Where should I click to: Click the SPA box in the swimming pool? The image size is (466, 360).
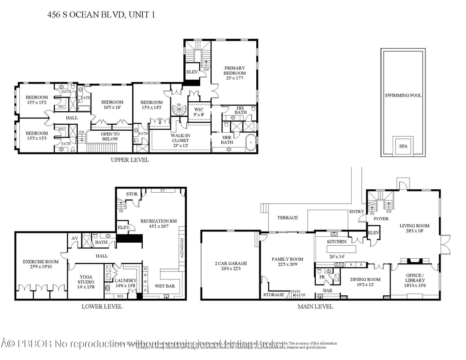(x=403, y=146)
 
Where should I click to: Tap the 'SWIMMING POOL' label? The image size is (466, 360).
(x=403, y=95)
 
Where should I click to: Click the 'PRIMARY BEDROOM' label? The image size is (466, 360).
(x=234, y=73)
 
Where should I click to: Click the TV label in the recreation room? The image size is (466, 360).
(x=162, y=191)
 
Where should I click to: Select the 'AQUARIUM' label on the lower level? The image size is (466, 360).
(x=182, y=248)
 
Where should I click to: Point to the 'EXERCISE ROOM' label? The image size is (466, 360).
(x=40, y=264)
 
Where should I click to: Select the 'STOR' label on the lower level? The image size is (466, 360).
(x=132, y=194)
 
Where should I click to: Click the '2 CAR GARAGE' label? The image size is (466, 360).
(x=230, y=266)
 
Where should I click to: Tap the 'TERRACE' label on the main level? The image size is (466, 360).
(x=287, y=218)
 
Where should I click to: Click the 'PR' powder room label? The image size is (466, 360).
(x=321, y=276)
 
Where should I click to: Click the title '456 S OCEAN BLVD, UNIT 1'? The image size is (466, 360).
(x=100, y=15)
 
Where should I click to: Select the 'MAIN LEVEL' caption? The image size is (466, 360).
(x=315, y=307)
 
